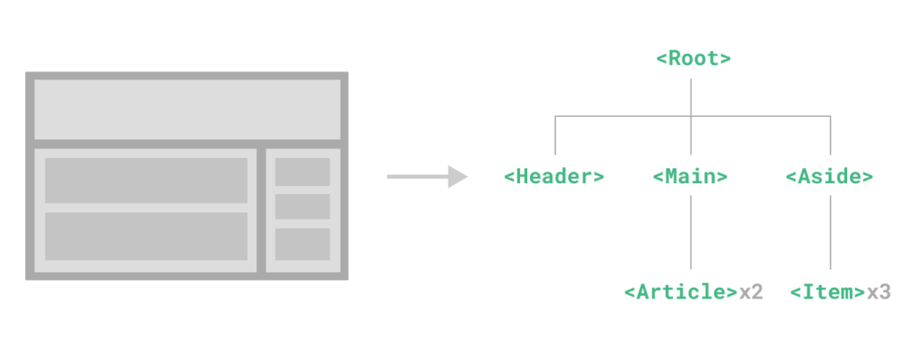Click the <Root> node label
693,59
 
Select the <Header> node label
554,176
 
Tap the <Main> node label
691,176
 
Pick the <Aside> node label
829,176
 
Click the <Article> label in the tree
681,292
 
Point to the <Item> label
828,292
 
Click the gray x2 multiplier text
751,292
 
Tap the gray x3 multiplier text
878,292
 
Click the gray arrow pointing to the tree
427,176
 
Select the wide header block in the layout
188,110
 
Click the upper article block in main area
147,180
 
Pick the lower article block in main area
147,237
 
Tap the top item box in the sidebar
302,172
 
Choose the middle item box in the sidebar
302,206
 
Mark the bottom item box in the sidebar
302,244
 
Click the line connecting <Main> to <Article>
691,232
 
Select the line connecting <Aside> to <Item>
830,232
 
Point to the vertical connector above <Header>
555,136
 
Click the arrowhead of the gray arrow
458,176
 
